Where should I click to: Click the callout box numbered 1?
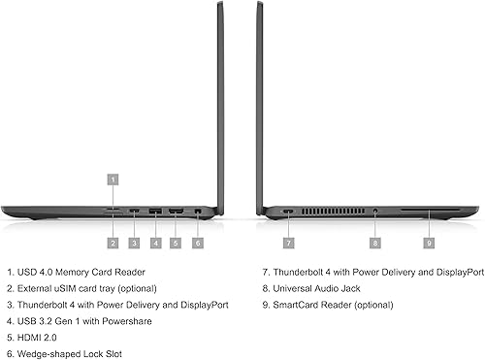pos(113,179)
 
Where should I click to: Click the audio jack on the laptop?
pos(375,211)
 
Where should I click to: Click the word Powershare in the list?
pos(130,321)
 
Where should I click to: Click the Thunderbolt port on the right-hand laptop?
pos(288,211)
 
